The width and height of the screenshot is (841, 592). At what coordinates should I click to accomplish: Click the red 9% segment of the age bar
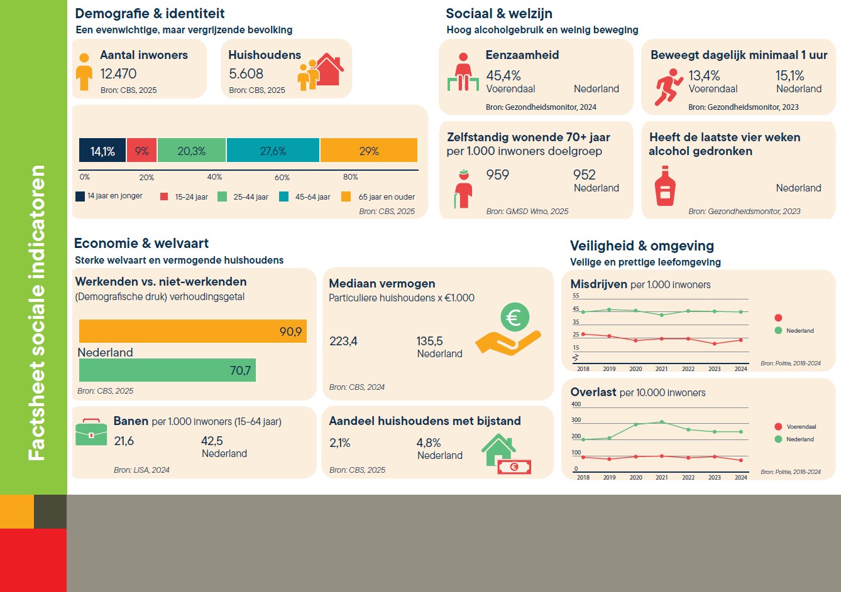click(x=141, y=150)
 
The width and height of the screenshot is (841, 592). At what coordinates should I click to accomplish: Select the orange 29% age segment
click(x=369, y=150)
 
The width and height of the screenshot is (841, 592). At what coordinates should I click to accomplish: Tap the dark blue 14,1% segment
click(x=102, y=150)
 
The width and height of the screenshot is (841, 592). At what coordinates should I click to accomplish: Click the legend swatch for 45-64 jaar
click(x=284, y=196)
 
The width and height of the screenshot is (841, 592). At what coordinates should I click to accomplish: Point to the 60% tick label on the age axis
click(x=282, y=177)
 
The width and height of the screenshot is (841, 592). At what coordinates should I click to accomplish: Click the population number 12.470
click(x=118, y=74)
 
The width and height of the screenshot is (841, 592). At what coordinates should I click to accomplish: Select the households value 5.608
click(x=246, y=74)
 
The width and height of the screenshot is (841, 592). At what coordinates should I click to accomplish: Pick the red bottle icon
click(x=665, y=186)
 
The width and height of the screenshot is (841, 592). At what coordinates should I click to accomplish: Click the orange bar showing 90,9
click(x=192, y=331)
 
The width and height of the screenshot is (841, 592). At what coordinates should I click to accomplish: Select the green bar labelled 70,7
click(x=167, y=370)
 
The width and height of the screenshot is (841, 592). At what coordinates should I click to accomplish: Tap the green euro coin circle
click(x=515, y=317)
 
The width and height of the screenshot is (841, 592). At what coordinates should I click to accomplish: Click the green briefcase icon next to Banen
click(x=91, y=432)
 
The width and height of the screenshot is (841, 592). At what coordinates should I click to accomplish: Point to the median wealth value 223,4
click(x=343, y=341)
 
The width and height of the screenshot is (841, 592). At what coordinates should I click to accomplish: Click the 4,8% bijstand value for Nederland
click(x=429, y=443)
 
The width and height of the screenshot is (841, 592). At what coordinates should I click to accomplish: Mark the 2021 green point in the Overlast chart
click(x=662, y=422)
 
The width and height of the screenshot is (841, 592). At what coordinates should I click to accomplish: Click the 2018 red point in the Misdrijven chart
click(x=583, y=334)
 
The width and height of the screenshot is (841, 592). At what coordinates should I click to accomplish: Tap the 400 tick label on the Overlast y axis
click(x=576, y=404)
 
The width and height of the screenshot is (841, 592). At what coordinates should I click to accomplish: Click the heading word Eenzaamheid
click(x=522, y=55)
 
